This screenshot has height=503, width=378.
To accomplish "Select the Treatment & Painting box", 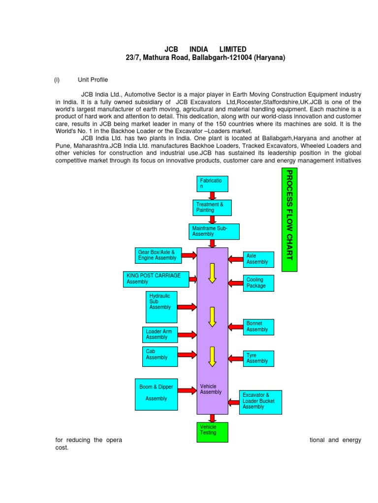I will coord(212,207).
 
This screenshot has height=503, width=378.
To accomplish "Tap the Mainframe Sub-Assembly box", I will coord(214,231).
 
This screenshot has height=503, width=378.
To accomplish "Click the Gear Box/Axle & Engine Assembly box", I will coord(158,255).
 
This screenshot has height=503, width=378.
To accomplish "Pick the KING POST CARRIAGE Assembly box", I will coord(156,279).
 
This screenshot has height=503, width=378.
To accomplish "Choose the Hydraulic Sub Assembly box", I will coord(161,307).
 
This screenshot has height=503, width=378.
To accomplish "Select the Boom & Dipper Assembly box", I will coord(156,394).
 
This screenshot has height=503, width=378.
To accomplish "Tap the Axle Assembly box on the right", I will coord(258,259).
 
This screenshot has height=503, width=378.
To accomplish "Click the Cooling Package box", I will coord(258,283).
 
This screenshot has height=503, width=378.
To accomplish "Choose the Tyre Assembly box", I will coord(258,358).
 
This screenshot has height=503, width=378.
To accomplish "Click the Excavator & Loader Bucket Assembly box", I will coord(260,402).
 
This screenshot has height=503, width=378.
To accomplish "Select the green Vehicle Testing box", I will coord(212,430).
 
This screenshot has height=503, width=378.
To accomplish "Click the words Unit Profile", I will coord(93,80).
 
